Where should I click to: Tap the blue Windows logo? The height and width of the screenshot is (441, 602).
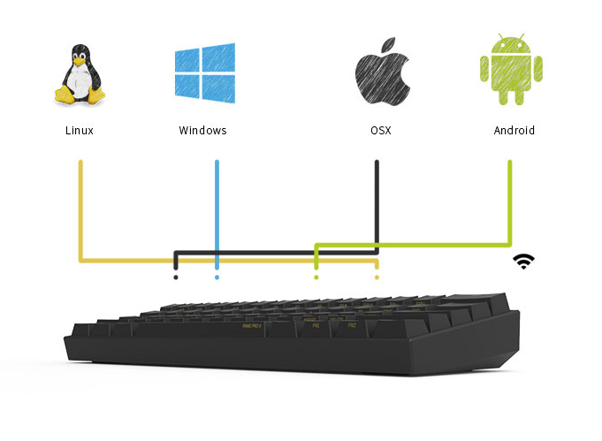[203, 72]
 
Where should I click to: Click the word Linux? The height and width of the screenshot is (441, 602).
[80, 131]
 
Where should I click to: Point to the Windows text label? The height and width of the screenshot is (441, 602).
[202, 131]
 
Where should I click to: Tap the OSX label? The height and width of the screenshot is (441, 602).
[380, 131]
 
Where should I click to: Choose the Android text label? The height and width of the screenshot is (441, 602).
[514, 131]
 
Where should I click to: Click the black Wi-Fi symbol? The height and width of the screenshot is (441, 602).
[524, 261]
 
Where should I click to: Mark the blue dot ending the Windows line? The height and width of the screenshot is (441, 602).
[217, 278]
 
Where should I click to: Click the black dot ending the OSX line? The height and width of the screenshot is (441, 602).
[176, 278]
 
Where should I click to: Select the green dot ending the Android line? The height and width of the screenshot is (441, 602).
[316, 278]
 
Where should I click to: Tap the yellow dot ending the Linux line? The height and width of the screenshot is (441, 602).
[377, 278]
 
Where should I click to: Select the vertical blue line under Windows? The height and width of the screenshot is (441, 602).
[217, 212]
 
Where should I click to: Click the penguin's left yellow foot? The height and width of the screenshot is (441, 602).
[64, 95]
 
